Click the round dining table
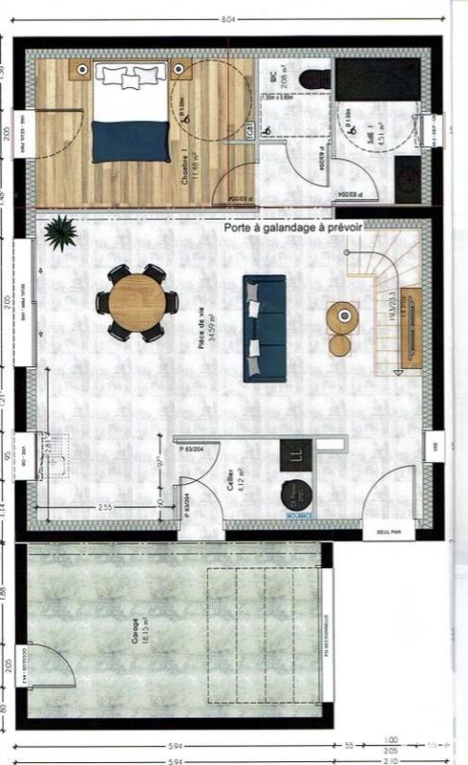coord(137,302)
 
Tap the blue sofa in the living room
coord(265,328)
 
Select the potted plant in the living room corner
coord(61,231)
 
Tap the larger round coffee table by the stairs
coord(342,314)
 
